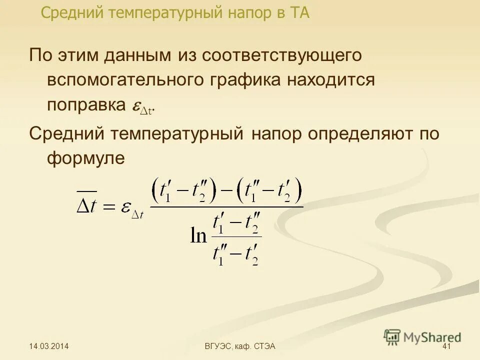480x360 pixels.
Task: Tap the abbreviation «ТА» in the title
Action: tap(297, 12)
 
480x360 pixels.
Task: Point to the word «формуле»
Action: tap(85, 159)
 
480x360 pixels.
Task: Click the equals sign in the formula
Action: tap(109, 205)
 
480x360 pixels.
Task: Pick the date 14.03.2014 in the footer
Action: tap(49, 346)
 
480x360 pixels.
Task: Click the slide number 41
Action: tap(447, 346)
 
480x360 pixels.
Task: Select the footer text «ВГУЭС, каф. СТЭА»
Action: tap(241, 346)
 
